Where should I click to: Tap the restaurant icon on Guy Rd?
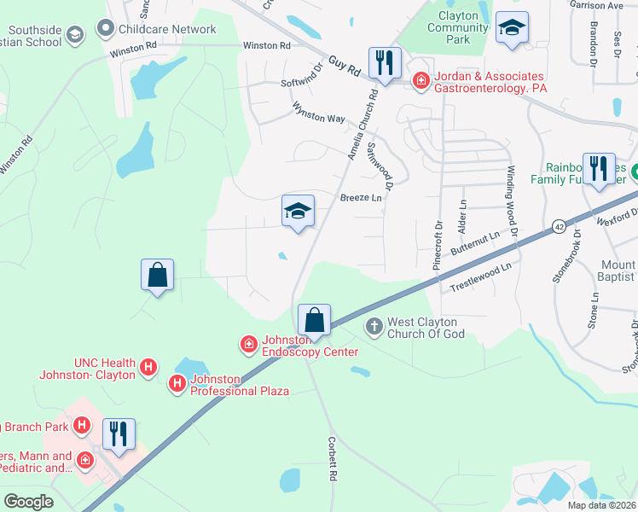click(x=385, y=63)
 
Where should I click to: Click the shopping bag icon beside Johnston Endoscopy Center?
click(x=315, y=320)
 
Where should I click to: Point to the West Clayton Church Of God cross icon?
click(x=374, y=326)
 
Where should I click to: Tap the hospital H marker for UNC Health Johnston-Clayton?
click(x=148, y=368)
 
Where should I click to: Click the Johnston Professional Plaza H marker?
click(x=177, y=384)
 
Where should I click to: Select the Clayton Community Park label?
click(x=458, y=27)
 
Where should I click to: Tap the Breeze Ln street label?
click(x=361, y=197)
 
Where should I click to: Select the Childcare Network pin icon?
click(x=106, y=29)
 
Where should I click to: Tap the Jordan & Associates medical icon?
click(x=420, y=81)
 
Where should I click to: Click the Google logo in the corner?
click(x=29, y=501)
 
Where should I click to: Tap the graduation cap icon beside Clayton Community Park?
click(x=512, y=28)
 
